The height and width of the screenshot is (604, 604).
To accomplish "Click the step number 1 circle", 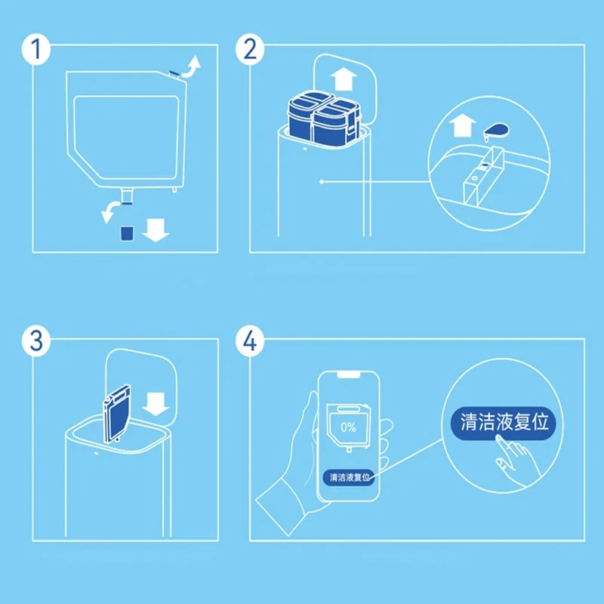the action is tap(35, 49).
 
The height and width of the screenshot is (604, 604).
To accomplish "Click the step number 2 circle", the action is tap(250, 49).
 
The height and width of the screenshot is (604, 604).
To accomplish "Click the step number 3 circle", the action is tap(35, 341).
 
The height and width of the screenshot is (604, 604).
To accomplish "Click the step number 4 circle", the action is tap(250, 341).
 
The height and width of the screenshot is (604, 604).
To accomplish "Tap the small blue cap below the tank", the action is tap(127, 233).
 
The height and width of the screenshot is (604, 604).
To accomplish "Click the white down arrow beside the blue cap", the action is tap(156, 230).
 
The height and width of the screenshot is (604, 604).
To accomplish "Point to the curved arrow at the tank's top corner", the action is tap(192, 67).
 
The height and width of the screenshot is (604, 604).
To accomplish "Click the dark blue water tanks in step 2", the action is tap(324, 118).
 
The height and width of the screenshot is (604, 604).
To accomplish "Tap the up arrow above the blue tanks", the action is tap(344, 79).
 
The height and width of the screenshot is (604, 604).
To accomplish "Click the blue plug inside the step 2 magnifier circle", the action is tap(496, 131).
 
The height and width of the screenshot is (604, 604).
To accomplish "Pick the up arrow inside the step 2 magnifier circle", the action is tap(462, 125).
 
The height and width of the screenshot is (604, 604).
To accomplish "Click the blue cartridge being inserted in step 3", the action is tap(117, 414).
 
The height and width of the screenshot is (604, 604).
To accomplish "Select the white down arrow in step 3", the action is tap(156, 405).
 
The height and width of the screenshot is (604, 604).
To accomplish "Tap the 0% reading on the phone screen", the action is tap(348, 427).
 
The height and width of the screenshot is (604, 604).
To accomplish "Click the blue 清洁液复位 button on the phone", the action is tap(349, 477).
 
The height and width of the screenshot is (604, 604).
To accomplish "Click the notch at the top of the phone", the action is tap(349, 374).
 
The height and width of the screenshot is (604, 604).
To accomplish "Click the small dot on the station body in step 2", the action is tap(322, 182).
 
